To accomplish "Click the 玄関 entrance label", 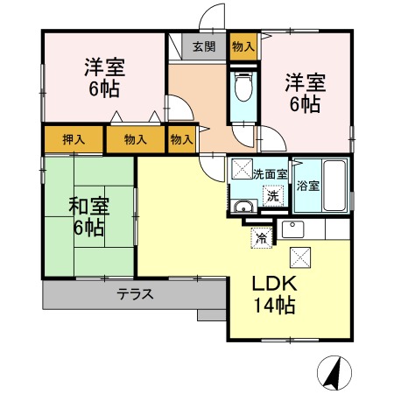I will (x=204, y=46).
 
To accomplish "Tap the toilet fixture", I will (x=243, y=89).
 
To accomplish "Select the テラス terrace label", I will (x=136, y=294).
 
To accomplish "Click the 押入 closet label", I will (x=74, y=139).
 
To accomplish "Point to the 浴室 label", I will (x=307, y=186).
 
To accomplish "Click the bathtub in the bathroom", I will (x=335, y=185).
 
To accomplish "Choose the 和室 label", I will (x=88, y=207).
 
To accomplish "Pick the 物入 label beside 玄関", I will (x=243, y=46).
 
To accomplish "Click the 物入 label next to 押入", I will (x=135, y=139).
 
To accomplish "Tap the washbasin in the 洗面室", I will (x=243, y=208).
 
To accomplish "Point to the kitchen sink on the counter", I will (x=292, y=229).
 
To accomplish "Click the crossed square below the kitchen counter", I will (x=300, y=257).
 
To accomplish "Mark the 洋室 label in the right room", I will (x=304, y=84).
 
